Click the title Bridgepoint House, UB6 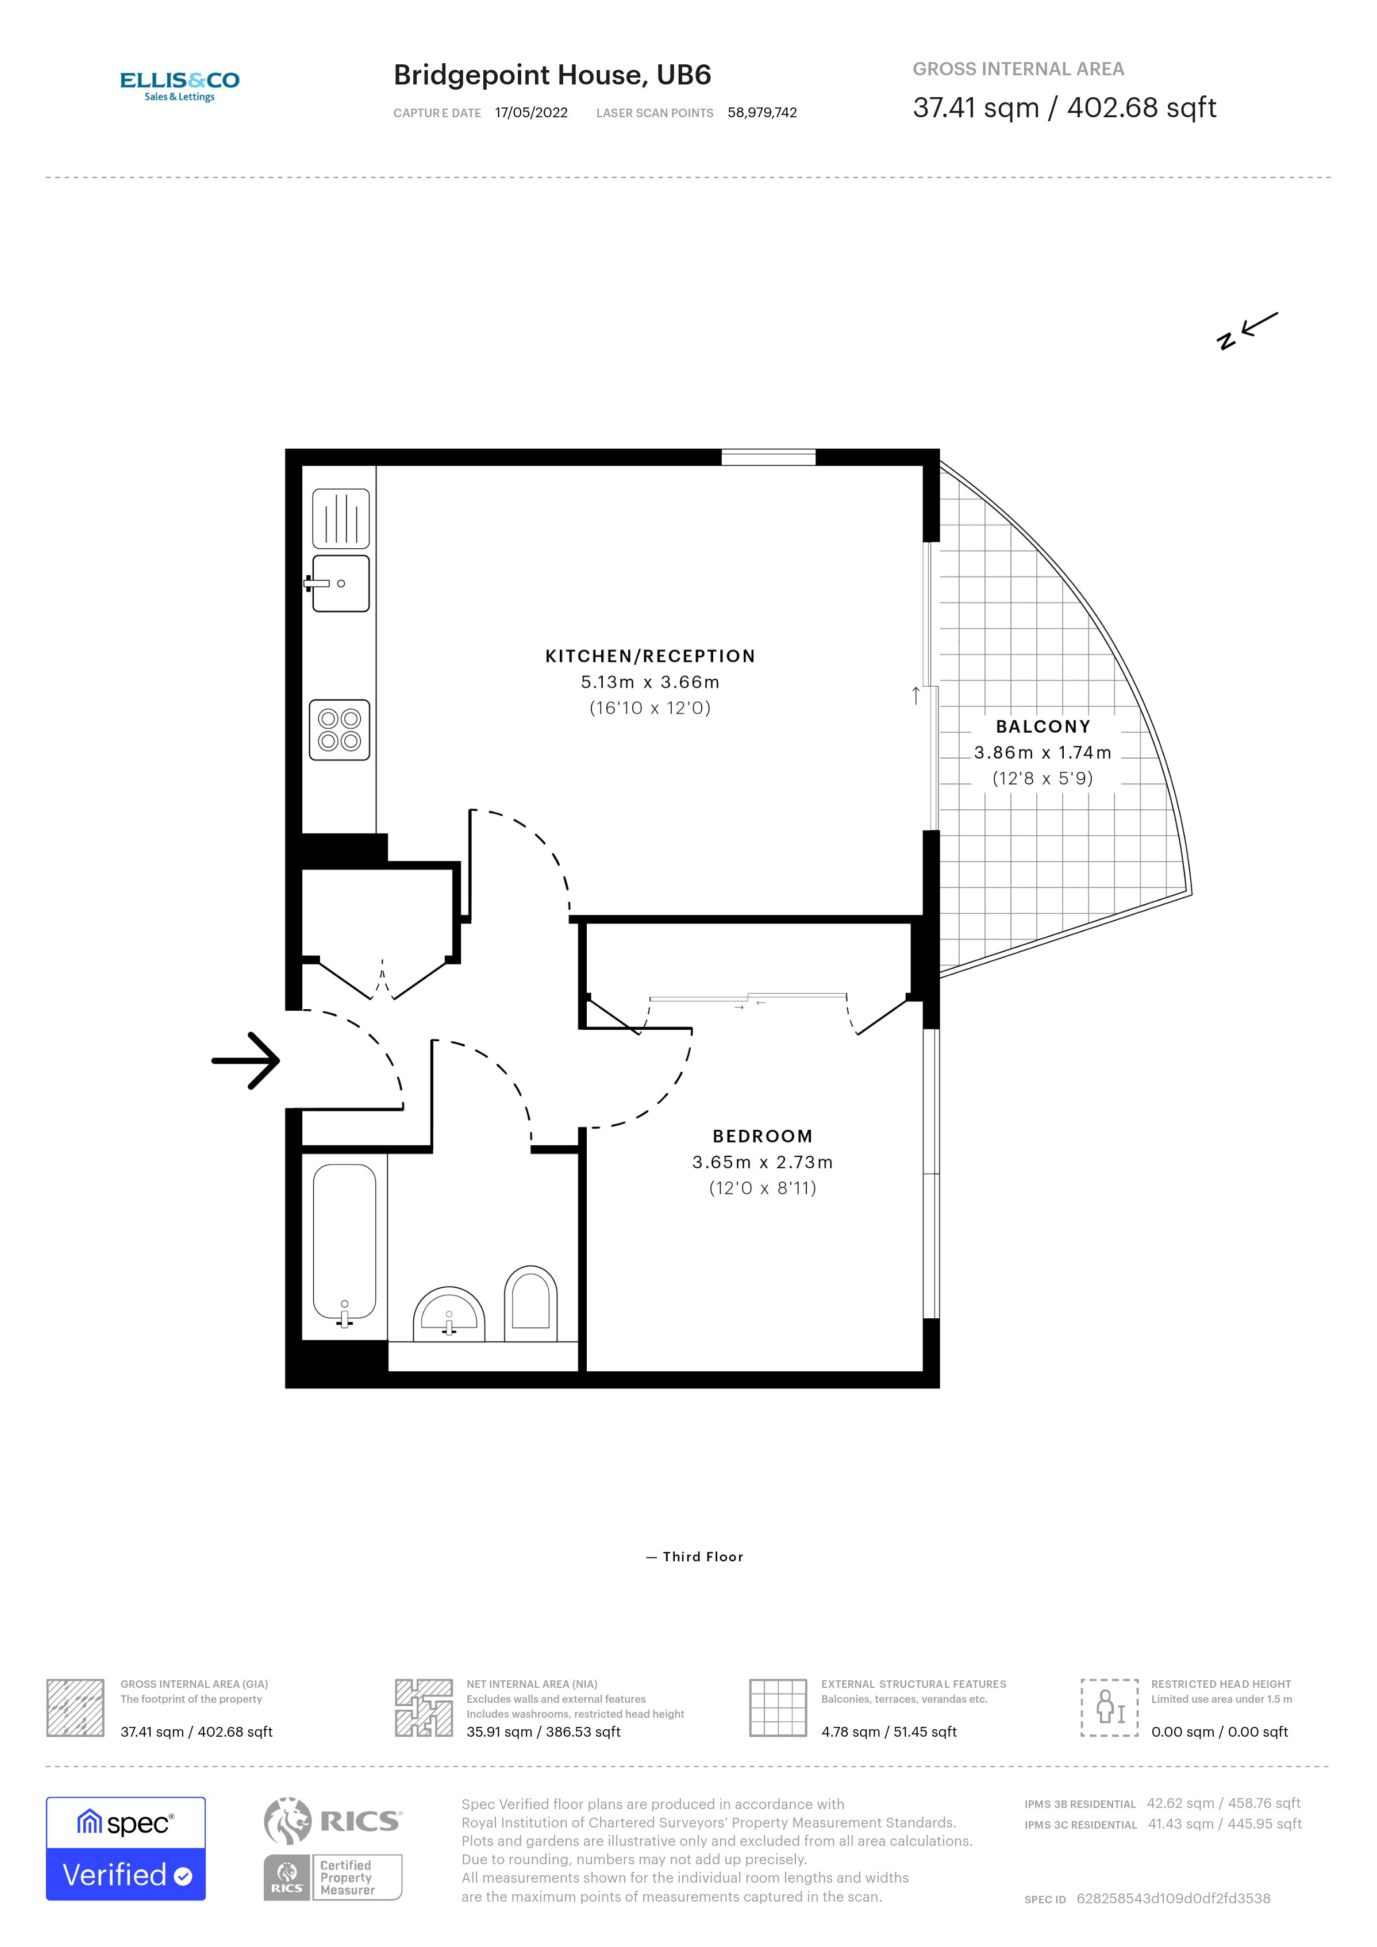pyautogui.click(x=552, y=75)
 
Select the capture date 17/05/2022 pyautogui.click(x=531, y=113)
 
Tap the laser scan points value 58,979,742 pyautogui.click(x=761, y=113)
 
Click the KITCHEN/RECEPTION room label pyautogui.click(x=649, y=656)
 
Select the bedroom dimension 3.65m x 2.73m pyautogui.click(x=762, y=1162)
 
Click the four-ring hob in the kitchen pyautogui.click(x=339, y=729)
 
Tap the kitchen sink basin pyautogui.click(x=341, y=583)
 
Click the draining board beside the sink pyautogui.click(x=341, y=518)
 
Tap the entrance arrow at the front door pyautogui.click(x=246, y=1060)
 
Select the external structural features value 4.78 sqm pyautogui.click(x=888, y=1731)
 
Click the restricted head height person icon pyautogui.click(x=1108, y=1707)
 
